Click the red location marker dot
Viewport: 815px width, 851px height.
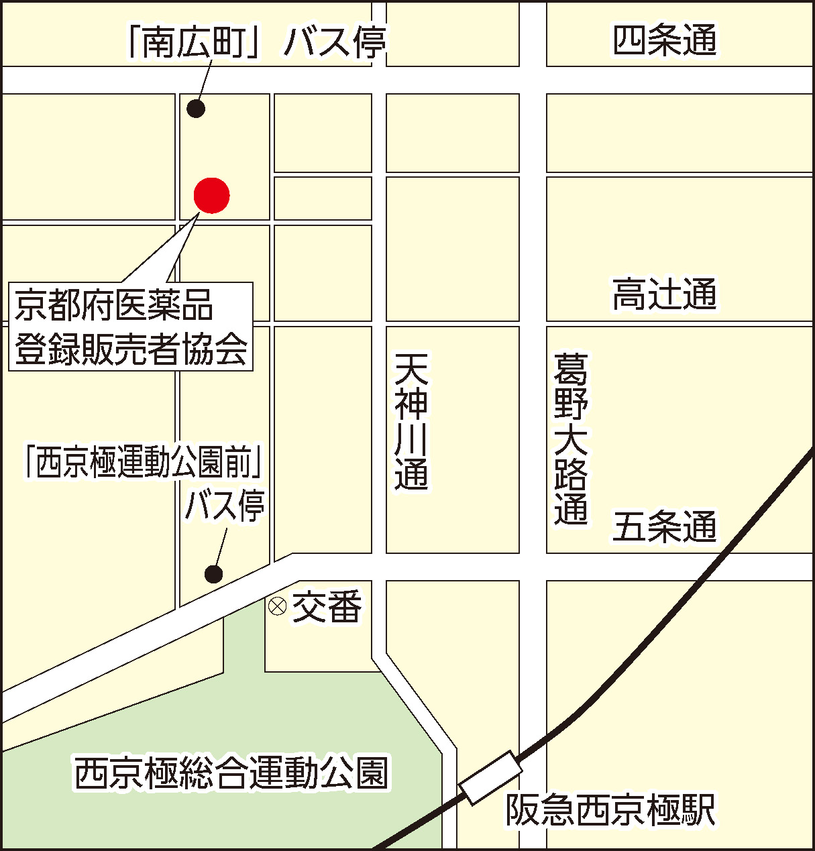[x=211, y=195]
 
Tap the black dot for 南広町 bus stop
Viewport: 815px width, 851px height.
[x=196, y=108]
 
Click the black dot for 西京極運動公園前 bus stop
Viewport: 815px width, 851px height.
[x=213, y=574]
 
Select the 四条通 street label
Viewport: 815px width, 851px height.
[x=665, y=40]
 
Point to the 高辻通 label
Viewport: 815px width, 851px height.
[x=665, y=294]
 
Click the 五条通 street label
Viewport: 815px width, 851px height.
[x=665, y=526]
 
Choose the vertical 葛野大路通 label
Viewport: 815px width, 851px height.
[x=571, y=439]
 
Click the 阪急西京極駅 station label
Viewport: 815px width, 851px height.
[x=610, y=809]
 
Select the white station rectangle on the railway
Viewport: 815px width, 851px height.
[x=490, y=777]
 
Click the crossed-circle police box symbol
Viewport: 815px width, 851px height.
[x=277, y=606]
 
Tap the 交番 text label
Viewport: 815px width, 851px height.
[x=327, y=606]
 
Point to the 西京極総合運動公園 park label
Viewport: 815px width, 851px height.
[x=231, y=773]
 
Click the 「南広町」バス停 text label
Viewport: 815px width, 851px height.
[x=257, y=42]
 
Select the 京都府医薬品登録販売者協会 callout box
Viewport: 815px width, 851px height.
[x=131, y=327]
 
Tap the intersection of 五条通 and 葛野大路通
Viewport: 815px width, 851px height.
[x=533, y=567]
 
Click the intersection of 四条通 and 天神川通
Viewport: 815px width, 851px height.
[x=379, y=80]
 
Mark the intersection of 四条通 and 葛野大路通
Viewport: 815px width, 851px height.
[x=533, y=80]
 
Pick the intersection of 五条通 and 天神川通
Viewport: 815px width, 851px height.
[x=379, y=567]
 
